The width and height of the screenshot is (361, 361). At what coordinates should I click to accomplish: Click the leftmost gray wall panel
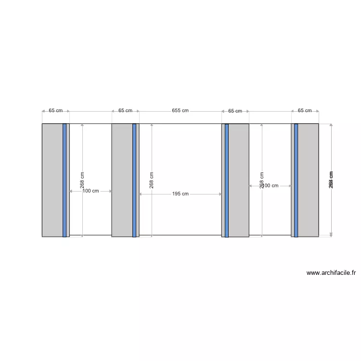[52, 180]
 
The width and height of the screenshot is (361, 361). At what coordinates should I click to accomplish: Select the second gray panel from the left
[122, 180]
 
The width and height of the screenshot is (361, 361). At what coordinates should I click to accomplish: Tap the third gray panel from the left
[239, 180]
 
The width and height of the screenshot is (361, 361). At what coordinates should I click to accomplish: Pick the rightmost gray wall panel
[308, 180]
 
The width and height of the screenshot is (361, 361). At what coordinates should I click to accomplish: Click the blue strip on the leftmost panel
[64, 180]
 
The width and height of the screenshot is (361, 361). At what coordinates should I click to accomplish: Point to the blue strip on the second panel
[134, 180]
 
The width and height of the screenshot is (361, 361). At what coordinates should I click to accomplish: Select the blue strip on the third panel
[227, 180]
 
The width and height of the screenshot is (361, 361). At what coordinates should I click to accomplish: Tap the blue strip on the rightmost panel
[296, 180]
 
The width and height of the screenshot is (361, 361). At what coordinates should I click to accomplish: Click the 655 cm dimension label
[180, 111]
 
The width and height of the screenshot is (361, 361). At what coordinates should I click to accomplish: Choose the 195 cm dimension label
[180, 194]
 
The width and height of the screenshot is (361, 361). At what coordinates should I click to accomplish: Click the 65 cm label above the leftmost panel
[55, 111]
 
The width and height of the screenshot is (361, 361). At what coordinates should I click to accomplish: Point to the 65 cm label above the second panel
[125, 111]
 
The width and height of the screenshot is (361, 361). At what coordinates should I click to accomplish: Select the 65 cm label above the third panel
[235, 111]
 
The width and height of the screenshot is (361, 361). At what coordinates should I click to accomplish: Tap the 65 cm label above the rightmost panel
[305, 111]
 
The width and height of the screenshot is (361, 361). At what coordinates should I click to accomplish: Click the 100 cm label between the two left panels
[90, 191]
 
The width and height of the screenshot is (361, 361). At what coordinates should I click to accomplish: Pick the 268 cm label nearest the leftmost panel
[82, 180]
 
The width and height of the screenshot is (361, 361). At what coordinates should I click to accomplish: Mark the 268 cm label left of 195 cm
[152, 180]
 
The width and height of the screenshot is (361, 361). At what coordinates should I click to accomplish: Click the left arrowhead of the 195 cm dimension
[141, 194]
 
